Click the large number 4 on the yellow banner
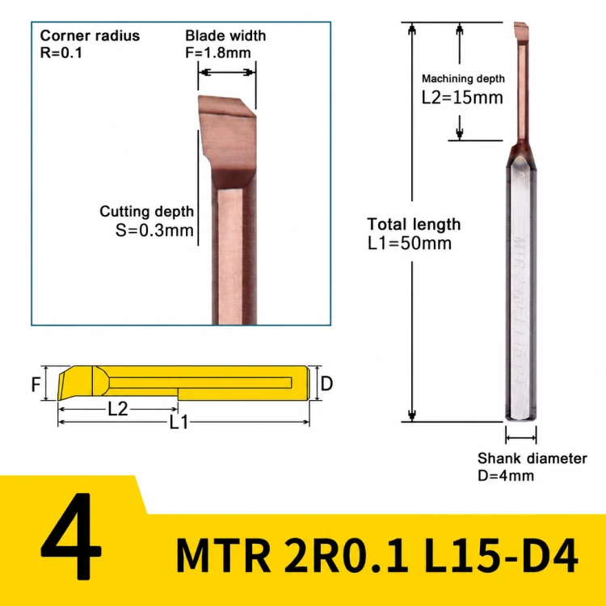tap(71, 536)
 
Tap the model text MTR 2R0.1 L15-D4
tap(377, 554)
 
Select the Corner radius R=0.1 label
tap(90, 44)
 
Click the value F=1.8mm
tap(218, 53)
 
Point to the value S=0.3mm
tap(154, 230)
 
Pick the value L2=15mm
tap(462, 98)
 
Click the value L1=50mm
tap(410, 243)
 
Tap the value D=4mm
tap(506, 475)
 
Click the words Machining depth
tap(463, 78)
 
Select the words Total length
tap(414, 224)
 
